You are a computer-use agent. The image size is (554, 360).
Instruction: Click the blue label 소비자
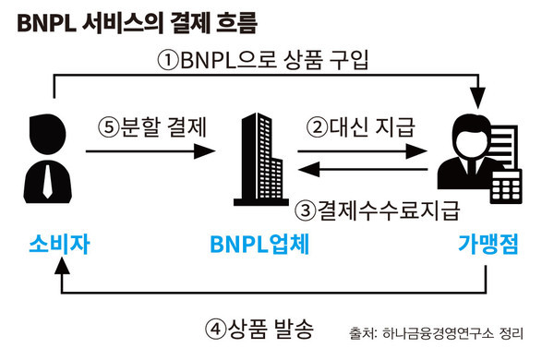(x=59, y=244)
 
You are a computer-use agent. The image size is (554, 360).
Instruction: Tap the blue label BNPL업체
(x=259, y=244)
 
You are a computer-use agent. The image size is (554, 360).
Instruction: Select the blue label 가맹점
(x=488, y=244)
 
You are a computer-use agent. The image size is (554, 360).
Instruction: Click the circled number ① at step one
(x=168, y=60)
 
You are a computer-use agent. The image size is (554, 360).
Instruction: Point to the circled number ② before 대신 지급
(x=317, y=127)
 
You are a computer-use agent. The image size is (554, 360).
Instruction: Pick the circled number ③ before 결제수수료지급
(x=306, y=210)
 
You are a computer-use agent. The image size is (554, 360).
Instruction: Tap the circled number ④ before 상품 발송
(x=215, y=330)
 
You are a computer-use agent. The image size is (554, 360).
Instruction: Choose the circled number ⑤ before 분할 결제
(x=108, y=127)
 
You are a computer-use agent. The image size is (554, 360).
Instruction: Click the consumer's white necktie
(x=47, y=181)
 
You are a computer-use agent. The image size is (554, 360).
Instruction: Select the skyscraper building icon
(x=261, y=160)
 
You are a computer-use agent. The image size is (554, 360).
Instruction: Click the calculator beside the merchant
(x=506, y=186)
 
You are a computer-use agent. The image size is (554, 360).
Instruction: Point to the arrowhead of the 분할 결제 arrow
(x=205, y=151)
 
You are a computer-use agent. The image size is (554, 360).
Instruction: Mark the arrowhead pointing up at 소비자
(x=62, y=266)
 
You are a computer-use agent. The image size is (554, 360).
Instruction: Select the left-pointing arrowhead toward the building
(x=308, y=169)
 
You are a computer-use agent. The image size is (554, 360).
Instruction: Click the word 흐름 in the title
(x=235, y=23)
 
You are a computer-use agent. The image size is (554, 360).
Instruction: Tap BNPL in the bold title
(x=46, y=24)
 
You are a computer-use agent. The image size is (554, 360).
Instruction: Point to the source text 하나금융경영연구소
(x=438, y=333)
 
